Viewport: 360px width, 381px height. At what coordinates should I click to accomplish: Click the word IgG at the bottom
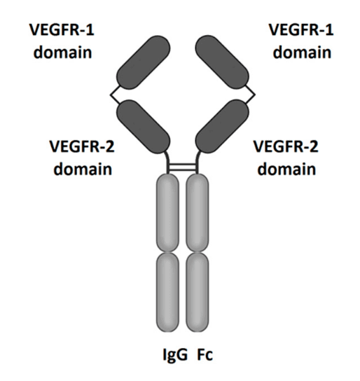(175, 355)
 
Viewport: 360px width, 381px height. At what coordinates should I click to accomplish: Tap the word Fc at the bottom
(205, 355)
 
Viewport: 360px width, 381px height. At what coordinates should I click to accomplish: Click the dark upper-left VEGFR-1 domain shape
(144, 62)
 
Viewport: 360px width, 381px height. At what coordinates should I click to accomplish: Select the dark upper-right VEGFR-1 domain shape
(222, 62)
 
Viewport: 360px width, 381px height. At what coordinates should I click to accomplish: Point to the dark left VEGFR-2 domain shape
(144, 126)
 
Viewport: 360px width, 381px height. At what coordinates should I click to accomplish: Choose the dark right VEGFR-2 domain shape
(222, 126)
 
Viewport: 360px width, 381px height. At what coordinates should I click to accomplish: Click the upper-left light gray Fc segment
(167, 213)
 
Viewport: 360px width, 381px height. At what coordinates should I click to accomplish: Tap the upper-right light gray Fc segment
(198, 213)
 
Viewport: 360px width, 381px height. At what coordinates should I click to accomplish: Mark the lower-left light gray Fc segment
(167, 292)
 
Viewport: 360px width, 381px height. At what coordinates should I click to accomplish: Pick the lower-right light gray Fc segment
(198, 292)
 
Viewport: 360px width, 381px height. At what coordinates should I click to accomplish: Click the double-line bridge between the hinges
(182, 167)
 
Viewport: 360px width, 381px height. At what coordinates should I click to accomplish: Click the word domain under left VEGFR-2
(83, 169)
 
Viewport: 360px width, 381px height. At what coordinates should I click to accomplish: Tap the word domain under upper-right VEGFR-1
(302, 53)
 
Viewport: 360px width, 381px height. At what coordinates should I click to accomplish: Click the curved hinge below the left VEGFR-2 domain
(167, 162)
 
